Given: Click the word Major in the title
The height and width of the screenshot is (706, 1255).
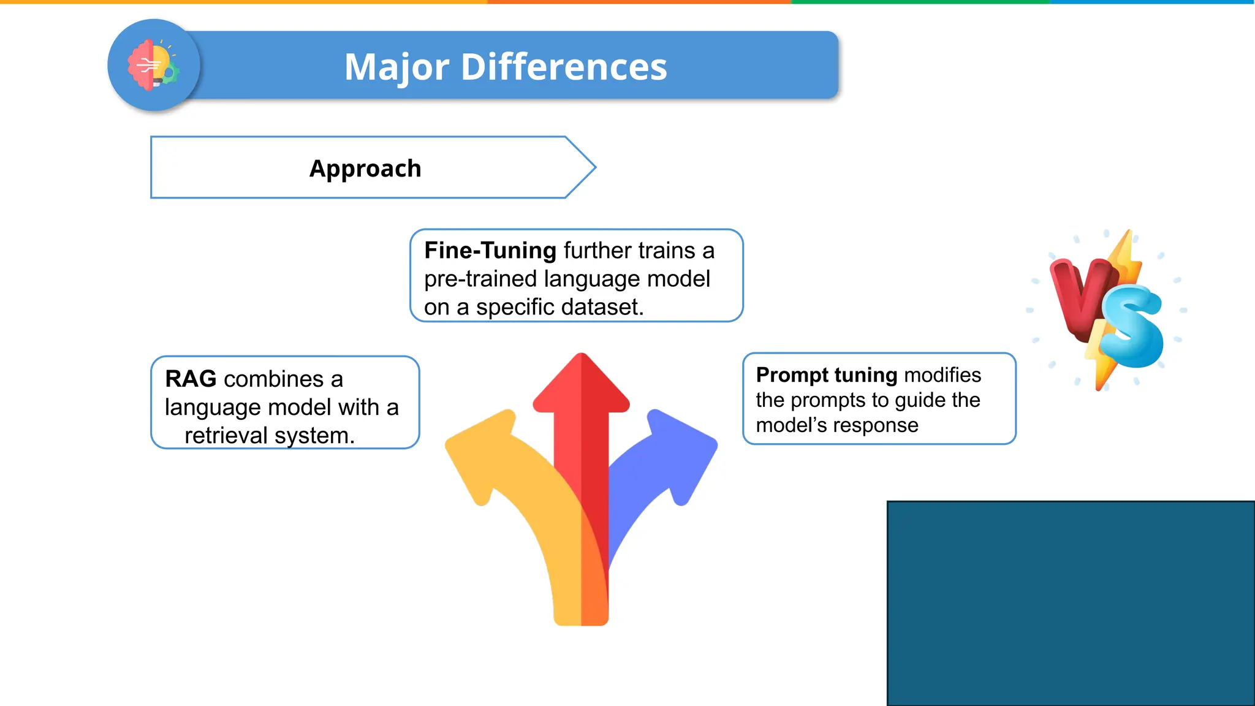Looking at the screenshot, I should point(396,67).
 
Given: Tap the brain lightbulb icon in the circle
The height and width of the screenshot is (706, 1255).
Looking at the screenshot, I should point(153,66).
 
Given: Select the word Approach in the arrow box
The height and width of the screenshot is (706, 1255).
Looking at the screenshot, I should point(365,169).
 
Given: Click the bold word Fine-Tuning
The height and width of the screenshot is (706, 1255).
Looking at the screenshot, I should point(490,251).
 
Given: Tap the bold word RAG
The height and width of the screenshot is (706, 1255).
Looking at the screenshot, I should point(191,379).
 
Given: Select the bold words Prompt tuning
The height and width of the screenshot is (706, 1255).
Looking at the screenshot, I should point(826,374).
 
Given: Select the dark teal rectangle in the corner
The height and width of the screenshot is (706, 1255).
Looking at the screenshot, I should point(1070,603).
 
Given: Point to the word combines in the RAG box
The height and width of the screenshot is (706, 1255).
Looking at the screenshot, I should point(273,379).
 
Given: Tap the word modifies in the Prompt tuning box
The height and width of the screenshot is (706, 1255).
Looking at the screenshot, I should point(942,374).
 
